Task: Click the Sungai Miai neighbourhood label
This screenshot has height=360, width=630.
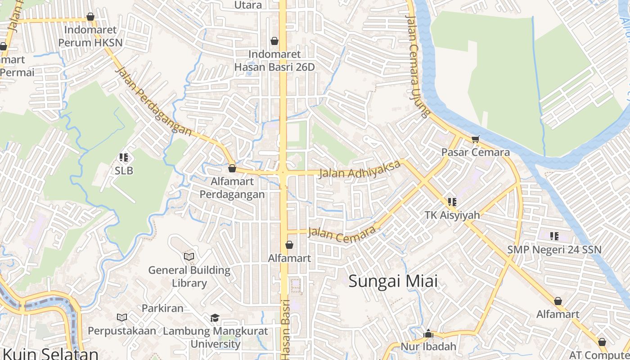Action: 393,281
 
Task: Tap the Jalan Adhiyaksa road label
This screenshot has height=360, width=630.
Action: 360,169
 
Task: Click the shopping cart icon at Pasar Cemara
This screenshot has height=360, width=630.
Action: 475,139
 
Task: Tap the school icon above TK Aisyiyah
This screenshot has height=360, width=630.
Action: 452,202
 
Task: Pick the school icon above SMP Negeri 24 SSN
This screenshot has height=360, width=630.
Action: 554,236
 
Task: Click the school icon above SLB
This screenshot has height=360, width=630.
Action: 124,157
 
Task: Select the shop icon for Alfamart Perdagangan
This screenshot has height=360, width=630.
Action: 232,168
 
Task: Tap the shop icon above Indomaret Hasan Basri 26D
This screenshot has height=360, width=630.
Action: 274,41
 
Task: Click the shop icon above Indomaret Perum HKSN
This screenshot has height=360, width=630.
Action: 90,17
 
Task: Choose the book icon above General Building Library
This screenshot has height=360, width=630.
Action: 189,256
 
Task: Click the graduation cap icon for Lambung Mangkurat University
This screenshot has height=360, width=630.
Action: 215,318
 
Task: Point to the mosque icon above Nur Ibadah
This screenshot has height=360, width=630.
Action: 428,333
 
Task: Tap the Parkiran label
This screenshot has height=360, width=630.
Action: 162,308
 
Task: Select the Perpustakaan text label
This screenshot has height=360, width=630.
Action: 122,331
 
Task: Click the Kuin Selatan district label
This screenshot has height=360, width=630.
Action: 50,353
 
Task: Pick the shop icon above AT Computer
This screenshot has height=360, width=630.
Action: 602,342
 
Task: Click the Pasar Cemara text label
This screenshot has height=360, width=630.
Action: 475,152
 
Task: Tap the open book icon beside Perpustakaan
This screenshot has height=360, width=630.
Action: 122,317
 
